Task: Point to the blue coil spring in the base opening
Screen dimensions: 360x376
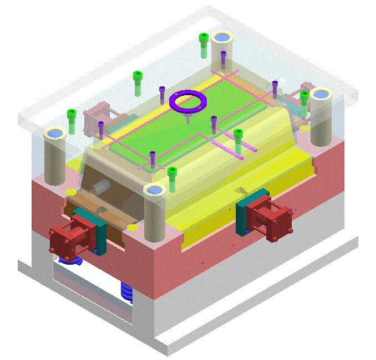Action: [x=127, y=292]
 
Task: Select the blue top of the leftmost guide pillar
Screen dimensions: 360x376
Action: [x=54, y=133]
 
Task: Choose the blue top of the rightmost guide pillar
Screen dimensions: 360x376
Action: [x=320, y=94]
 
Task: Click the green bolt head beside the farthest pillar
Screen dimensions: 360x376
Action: [x=204, y=38]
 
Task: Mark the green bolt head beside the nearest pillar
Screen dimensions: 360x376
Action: [x=172, y=171]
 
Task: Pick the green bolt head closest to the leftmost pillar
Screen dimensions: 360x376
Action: [x=71, y=114]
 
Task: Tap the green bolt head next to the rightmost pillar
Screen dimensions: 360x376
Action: [x=304, y=95]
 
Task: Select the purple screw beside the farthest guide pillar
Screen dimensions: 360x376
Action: [x=223, y=54]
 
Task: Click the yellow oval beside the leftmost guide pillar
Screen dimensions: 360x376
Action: [x=71, y=192]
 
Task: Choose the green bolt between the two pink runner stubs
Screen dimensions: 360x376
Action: [x=238, y=133]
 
